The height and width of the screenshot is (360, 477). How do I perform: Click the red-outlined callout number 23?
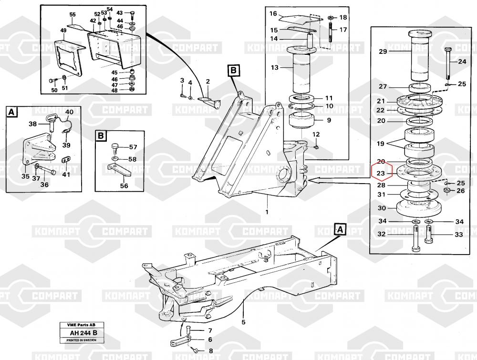(x=381, y=173)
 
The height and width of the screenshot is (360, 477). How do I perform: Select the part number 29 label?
(x=383, y=52)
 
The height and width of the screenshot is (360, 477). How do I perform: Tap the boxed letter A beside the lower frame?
(x=340, y=230)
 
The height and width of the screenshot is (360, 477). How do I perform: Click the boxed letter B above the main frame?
(x=233, y=71)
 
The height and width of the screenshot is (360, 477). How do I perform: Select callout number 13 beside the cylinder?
(x=275, y=68)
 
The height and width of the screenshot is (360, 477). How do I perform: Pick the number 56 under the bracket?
(x=124, y=185)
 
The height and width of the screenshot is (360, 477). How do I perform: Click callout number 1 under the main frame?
(x=267, y=212)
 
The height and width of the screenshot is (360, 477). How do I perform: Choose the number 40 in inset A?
(x=69, y=112)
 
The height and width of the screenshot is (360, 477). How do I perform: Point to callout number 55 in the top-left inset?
(x=73, y=15)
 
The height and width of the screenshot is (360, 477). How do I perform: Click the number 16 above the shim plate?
(x=273, y=14)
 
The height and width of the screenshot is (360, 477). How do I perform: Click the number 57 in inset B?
(x=133, y=147)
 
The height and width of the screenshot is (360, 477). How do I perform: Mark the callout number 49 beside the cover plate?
(x=63, y=31)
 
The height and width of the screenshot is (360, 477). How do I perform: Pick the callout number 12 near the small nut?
(x=316, y=135)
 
